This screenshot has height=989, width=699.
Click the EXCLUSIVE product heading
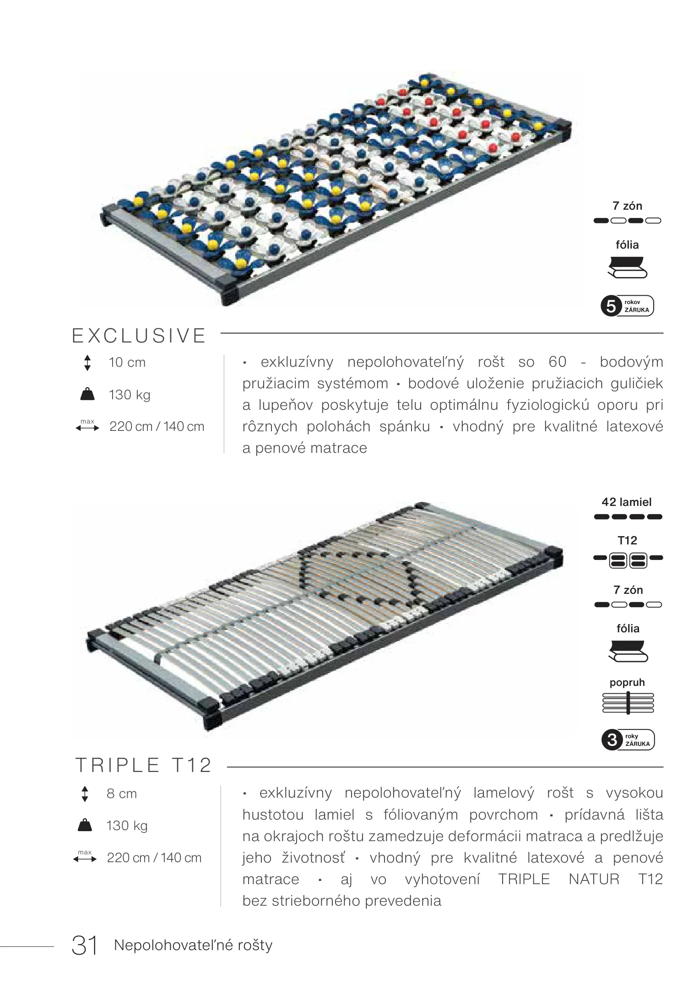tap(139, 336)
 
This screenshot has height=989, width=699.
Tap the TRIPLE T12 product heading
tap(143, 765)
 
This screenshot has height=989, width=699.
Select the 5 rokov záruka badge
tap(627, 306)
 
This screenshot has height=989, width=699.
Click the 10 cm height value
tap(127, 363)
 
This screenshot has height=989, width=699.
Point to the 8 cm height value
tap(121, 793)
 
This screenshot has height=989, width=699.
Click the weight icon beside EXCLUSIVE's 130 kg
tap(87, 394)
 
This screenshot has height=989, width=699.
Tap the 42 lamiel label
tap(626, 502)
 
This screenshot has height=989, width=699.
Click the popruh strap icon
tap(628, 703)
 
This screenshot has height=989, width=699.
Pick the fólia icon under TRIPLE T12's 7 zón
tap(628, 652)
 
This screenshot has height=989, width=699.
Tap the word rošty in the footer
tap(255, 945)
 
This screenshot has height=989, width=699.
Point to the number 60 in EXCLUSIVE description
tap(557, 362)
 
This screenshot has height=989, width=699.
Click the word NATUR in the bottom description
tap(594, 879)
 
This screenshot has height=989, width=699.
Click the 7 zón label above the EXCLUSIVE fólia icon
tap(627, 206)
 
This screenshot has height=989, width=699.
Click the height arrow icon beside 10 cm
tap(87, 363)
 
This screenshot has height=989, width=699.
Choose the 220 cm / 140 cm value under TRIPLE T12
tap(154, 858)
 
